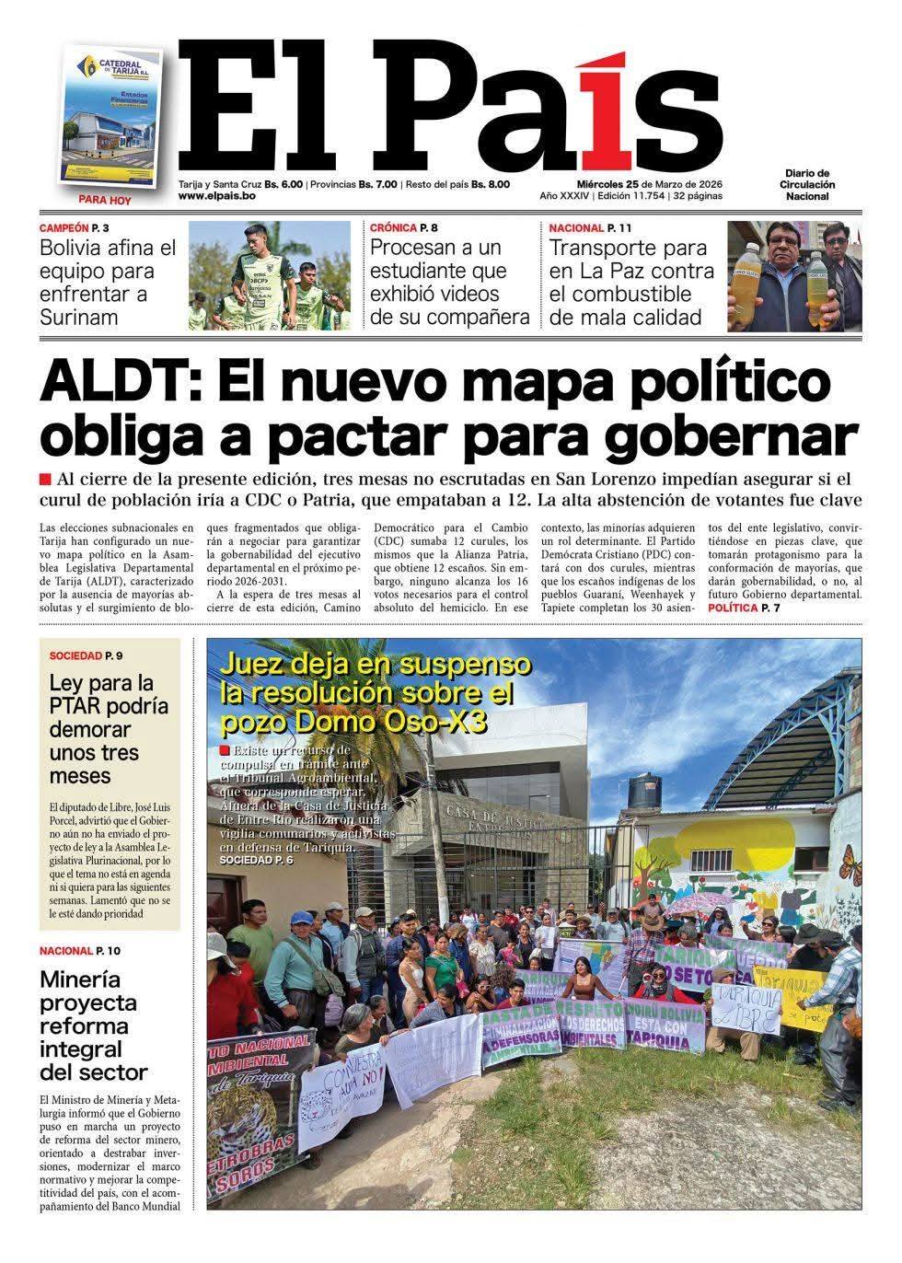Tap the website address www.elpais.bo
coord(216,196)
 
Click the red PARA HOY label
coord(106,200)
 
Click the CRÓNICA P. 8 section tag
coord(404,227)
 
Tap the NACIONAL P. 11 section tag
coord(590,227)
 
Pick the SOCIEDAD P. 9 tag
coord(92,655)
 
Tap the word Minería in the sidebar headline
coord(80,979)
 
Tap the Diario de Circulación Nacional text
coord(807,184)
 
